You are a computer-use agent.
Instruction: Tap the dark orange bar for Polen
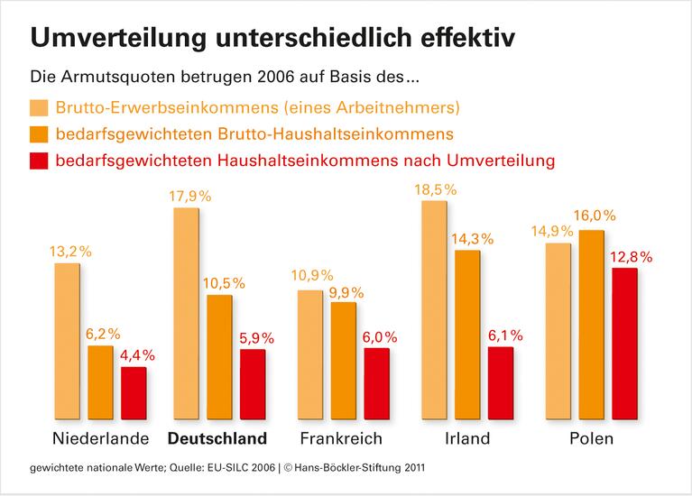tap(593, 324)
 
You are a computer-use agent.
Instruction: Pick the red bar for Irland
tap(500, 382)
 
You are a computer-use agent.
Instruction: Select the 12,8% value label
tap(628, 257)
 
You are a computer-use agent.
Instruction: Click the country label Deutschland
tap(219, 439)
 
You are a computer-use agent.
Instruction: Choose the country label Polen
tap(591, 439)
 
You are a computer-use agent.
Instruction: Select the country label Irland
tap(467, 439)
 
